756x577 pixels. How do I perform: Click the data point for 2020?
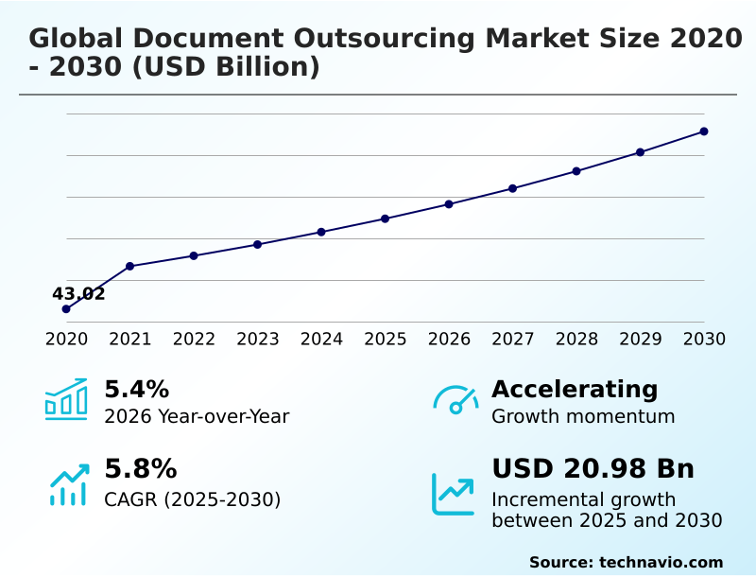click(x=66, y=309)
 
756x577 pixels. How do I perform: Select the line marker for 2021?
click(x=130, y=266)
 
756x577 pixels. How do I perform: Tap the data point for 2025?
click(x=386, y=219)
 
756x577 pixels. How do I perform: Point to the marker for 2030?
click(x=704, y=131)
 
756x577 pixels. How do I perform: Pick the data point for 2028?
click(x=576, y=171)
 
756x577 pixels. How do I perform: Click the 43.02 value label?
click(x=78, y=293)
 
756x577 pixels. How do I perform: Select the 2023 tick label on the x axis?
click(x=258, y=340)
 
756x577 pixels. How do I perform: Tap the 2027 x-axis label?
click(x=513, y=340)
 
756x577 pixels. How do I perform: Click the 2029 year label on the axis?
click(x=641, y=340)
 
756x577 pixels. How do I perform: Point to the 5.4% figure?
click(x=136, y=390)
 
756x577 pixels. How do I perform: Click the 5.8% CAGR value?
click(x=140, y=469)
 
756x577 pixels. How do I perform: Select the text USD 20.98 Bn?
click(x=593, y=469)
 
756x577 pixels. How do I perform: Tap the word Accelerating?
click(x=574, y=390)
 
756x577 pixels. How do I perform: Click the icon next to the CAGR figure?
click(x=68, y=484)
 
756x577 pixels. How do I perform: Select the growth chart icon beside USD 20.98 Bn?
click(x=454, y=494)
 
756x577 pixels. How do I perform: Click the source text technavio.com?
click(x=661, y=562)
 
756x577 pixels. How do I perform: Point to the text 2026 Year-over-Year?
click(x=197, y=416)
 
